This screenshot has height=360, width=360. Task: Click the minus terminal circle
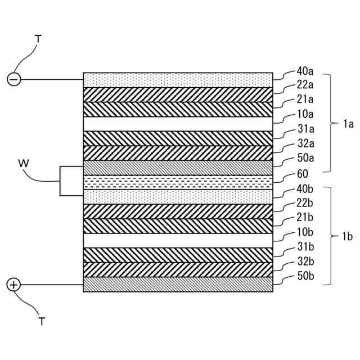coord(14,80)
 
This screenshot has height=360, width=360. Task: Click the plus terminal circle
coord(14,285)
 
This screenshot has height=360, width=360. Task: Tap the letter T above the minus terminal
coord(38,39)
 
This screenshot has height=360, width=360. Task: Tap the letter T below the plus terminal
coord(42,322)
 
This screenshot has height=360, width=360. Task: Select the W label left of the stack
coord(23,164)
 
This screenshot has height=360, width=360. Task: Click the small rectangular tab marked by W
coord(71,181)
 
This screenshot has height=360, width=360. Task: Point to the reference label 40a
coord(305,72)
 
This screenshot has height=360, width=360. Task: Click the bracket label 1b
coord(348,237)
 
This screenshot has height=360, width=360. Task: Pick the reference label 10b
coord(305,232)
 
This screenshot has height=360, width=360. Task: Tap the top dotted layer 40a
coord(178,80)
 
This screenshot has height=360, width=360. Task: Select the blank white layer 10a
coord(178,124)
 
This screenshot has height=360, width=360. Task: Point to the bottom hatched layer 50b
coord(178,285)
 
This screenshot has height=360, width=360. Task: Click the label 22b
coord(305,202)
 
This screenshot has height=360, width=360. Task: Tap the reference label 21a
coord(305,100)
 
